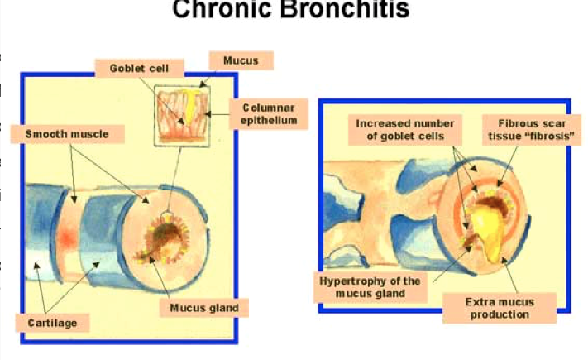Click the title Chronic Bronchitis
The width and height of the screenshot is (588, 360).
pos(290,10)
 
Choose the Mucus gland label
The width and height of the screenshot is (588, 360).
pos(204,308)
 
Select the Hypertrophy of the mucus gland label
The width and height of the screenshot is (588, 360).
pos(370,287)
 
